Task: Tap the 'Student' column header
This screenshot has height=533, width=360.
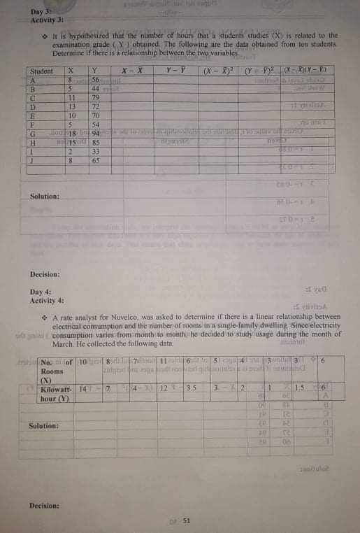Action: click(42, 71)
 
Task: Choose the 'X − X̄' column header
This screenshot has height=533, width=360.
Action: click(131, 71)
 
